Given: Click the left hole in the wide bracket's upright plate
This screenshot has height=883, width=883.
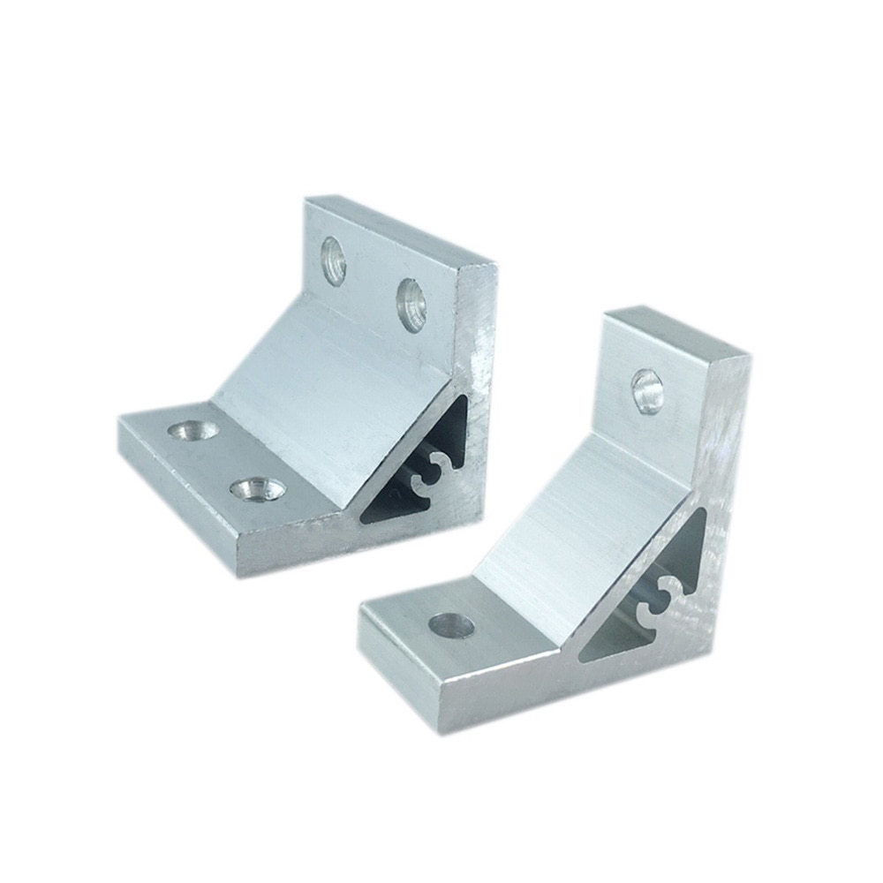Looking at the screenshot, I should coord(333,260).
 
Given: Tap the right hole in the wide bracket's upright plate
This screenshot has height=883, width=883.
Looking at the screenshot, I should coord(411,305).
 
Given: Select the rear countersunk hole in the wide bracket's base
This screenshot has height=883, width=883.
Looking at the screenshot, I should coord(194,430).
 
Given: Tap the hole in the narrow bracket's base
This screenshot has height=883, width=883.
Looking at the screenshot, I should coord(451,626).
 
